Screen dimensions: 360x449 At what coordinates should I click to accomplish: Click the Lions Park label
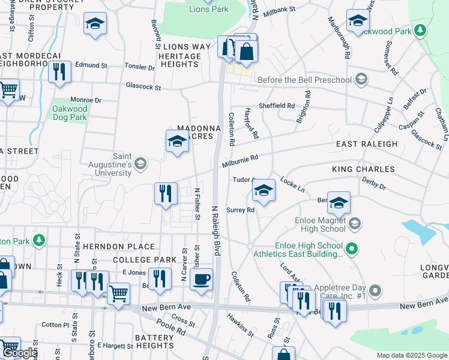(x=208, y=9)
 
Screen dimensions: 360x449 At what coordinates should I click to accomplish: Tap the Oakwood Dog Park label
(x=71, y=113)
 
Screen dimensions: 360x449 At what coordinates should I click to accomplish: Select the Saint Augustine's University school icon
(x=140, y=163)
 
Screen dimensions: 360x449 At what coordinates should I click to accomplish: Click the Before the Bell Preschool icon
(x=361, y=80)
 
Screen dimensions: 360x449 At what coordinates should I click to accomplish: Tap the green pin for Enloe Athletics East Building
(x=354, y=246)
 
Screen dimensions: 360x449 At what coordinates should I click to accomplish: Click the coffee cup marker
(x=201, y=278)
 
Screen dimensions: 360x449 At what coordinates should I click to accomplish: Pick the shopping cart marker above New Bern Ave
(x=118, y=294)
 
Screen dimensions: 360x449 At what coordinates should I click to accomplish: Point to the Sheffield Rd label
(x=276, y=106)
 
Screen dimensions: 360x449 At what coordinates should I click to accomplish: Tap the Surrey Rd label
(x=241, y=210)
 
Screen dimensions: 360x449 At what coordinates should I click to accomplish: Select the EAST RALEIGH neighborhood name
(x=366, y=144)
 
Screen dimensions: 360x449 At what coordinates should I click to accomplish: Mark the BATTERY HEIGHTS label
(x=154, y=341)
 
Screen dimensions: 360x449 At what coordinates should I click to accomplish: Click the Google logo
(x=20, y=353)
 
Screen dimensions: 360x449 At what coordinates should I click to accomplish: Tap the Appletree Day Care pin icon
(x=375, y=292)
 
